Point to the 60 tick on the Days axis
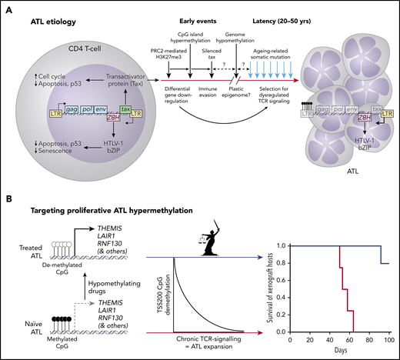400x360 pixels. [340, 338]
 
